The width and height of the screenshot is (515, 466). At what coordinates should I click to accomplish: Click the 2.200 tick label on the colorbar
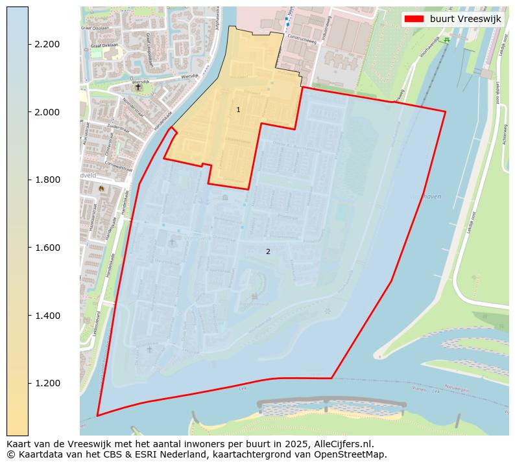[47, 44]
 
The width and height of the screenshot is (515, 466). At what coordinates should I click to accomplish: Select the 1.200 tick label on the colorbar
[47, 383]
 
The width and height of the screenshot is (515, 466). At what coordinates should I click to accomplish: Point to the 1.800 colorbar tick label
[47, 180]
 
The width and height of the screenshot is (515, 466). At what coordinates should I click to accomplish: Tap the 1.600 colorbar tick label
[47, 248]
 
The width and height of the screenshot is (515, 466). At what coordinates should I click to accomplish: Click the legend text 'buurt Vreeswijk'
[465, 19]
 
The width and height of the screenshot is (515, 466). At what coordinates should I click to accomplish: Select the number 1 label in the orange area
[238, 110]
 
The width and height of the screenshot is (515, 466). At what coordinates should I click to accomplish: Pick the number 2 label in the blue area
[268, 251]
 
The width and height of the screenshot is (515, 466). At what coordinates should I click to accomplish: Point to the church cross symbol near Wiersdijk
[138, 86]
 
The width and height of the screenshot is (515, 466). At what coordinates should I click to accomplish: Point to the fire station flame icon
[101, 188]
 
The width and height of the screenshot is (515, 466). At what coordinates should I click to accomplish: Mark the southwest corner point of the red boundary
[97, 415]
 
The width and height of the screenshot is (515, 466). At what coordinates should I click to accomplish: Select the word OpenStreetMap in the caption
[351, 454]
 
